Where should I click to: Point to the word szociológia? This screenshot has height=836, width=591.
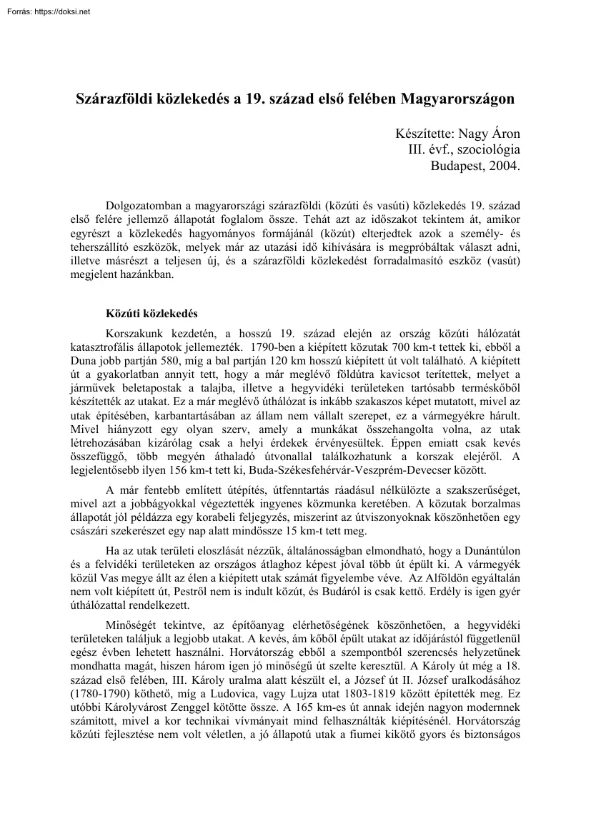(485, 150)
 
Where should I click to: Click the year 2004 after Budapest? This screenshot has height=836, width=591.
(506, 166)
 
